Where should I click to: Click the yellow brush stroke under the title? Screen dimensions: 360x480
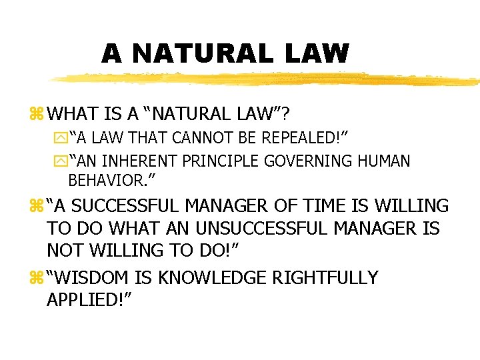click(x=267, y=79)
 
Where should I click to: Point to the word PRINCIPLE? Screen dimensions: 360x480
click(x=227, y=161)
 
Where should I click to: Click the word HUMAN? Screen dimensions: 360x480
click(x=387, y=161)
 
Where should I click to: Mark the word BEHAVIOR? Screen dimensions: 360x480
click(x=107, y=179)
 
